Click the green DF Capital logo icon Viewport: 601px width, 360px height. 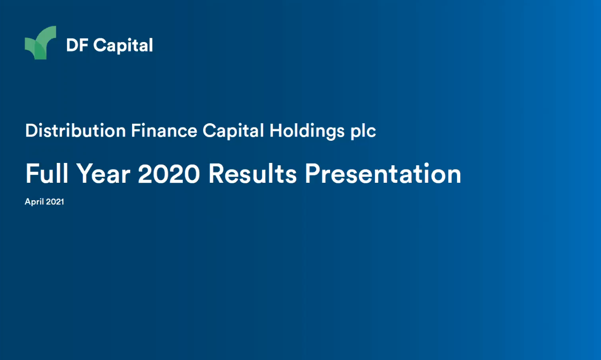(x=41, y=43)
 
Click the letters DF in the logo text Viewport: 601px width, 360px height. (x=77, y=45)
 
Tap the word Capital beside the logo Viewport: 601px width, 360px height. (x=123, y=46)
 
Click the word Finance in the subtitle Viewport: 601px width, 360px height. (x=164, y=131)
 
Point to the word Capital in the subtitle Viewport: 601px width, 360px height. (x=233, y=131)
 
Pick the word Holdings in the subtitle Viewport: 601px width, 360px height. (x=306, y=132)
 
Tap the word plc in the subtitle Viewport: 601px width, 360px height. (x=363, y=132)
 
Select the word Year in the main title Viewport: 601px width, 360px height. (x=103, y=174)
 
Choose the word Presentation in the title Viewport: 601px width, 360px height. (x=383, y=174)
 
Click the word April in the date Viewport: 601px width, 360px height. (x=34, y=202)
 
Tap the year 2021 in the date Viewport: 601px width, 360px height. (x=55, y=202)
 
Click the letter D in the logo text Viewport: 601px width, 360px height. (x=72, y=45)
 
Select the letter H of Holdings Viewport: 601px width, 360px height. (x=276, y=131)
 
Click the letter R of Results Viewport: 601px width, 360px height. (x=217, y=174)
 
